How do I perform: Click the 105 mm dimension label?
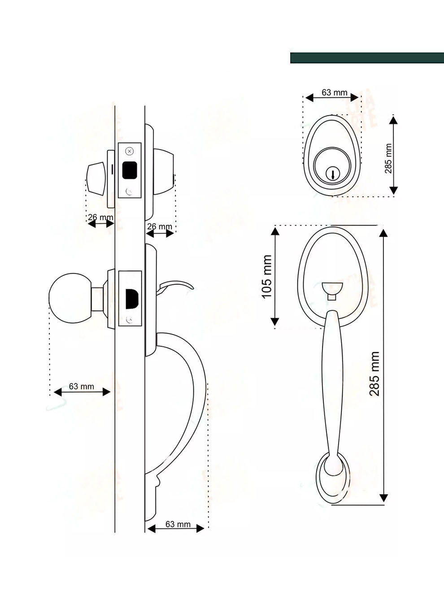tap(266, 277)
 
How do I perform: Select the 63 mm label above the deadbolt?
tap(334, 92)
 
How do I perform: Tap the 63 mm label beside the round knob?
tap(81, 386)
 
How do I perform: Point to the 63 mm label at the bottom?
tap(178, 524)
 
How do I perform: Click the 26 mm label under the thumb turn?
tap(100, 218)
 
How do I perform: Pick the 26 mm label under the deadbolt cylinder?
tap(160, 226)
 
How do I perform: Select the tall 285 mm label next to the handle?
tap(374, 374)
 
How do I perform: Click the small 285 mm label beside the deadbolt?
tap(388, 158)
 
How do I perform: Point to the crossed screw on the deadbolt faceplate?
tap(130, 151)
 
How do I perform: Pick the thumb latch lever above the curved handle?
tap(177, 285)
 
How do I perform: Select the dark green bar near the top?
tap(367, 58)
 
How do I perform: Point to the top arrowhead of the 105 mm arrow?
tap(275, 231)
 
